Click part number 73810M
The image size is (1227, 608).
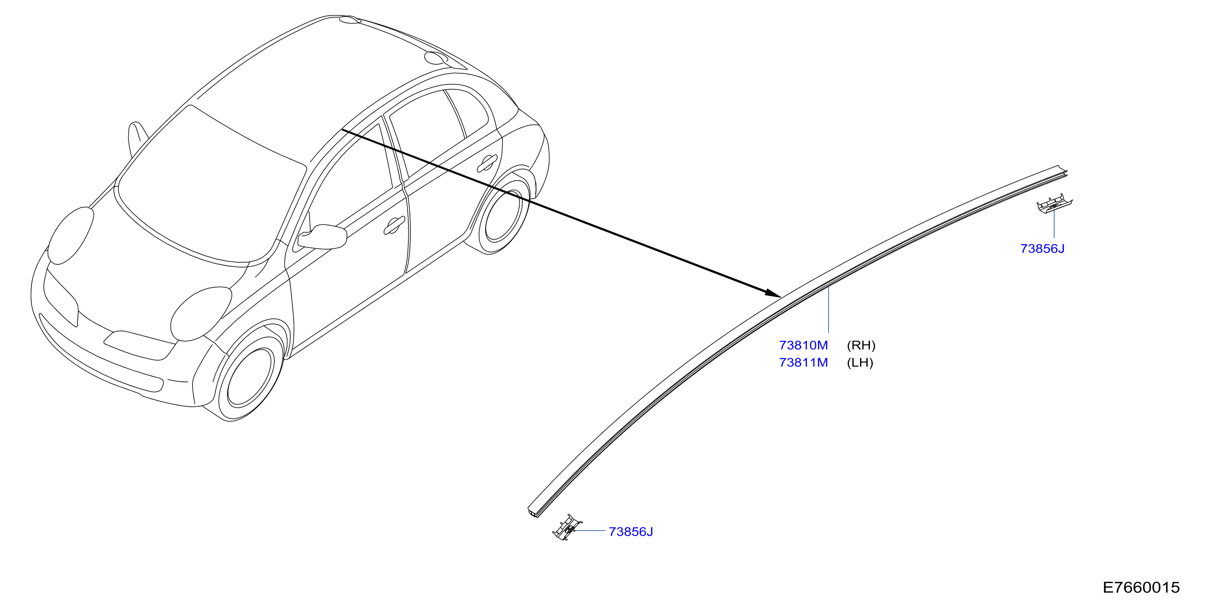coord(803,345)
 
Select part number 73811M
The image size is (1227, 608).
coord(803,363)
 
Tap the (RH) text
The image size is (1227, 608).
coord(861,345)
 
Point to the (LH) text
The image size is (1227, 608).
coord(860,363)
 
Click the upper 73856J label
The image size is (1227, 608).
coord(1042,249)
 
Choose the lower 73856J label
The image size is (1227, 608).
coord(631,532)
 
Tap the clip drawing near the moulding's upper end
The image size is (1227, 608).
coord(1054,204)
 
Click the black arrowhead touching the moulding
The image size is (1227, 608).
coord(772,293)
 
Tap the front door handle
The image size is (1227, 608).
coord(394,225)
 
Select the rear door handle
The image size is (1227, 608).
coord(487,163)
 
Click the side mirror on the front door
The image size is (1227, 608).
coord(322,236)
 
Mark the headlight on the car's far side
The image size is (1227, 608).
coord(70,236)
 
